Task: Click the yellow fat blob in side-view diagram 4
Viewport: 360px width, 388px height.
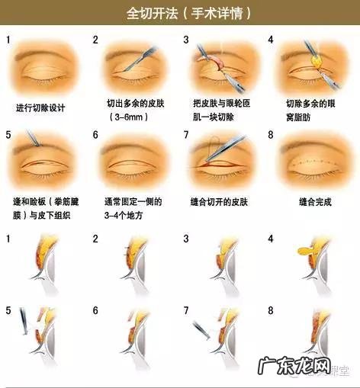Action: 304,249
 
